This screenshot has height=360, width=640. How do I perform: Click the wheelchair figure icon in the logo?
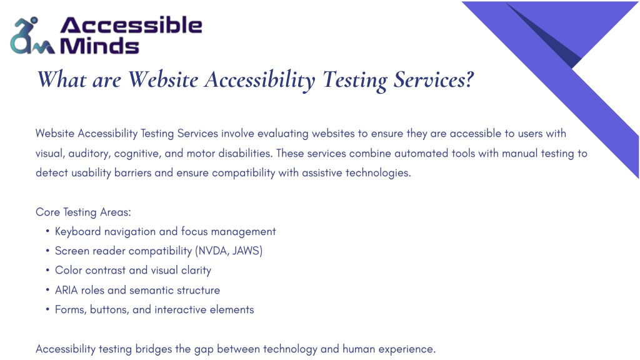pyautogui.click(x=32, y=36)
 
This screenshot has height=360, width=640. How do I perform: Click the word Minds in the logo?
pyautogui.click(x=99, y=46)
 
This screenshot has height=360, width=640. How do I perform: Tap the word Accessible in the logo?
pyautogui.click(x=131, y=25)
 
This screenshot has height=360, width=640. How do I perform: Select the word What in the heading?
pyautogui.click(x=62, y=79)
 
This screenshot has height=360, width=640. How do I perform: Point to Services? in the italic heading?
pyautogui.click(x=434, y=79)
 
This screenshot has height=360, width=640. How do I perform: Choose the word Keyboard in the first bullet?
pyautogui.click(x=77, y=232)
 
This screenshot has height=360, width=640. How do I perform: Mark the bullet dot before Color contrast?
pyautogui.click(x=47, y=270)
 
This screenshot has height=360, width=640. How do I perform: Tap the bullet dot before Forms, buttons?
pyautogui.click(x=47, y=309)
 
